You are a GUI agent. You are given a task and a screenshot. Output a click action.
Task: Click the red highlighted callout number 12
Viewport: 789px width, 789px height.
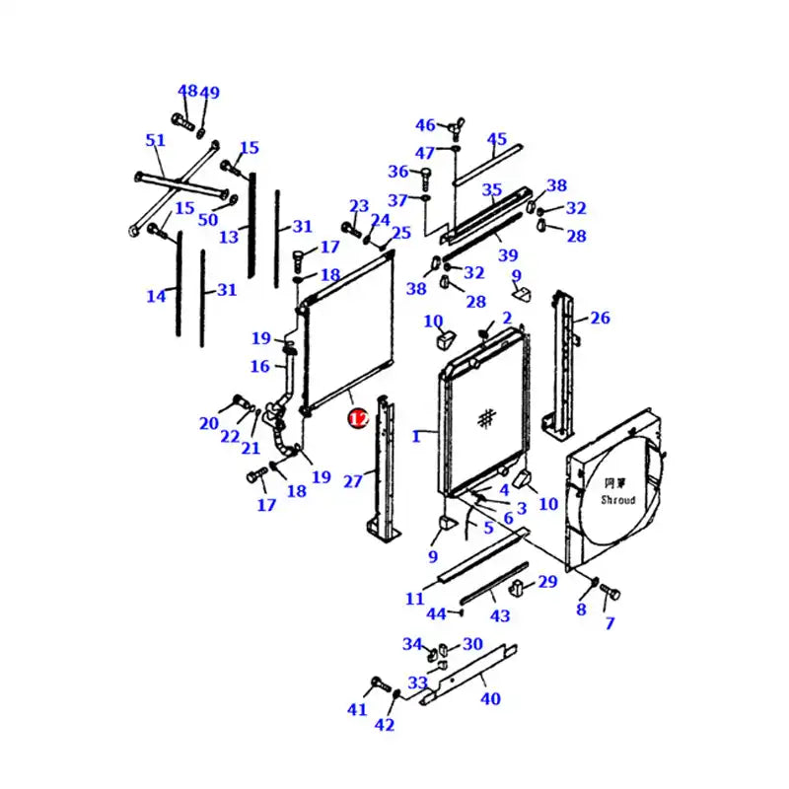tap(357, 419)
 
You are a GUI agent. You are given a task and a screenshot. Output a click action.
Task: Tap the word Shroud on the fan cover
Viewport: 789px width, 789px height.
tap(618, 500)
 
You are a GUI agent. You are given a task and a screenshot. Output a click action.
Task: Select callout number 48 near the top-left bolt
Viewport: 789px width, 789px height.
tap(186, 92)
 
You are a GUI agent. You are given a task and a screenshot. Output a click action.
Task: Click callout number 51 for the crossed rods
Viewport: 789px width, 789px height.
tap(155, 141)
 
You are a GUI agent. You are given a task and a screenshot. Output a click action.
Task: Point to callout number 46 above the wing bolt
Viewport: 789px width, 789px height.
tap(424, 125)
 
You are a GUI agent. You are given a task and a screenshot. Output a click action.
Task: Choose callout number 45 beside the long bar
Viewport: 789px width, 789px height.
tap(497, 139)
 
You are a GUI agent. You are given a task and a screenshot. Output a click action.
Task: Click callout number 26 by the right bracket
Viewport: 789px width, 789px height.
tap(601, 318)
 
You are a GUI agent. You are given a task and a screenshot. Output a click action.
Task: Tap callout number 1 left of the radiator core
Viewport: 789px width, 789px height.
tap(416, 435)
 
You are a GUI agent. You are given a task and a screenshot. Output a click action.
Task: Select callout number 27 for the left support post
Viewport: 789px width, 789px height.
tap(352, 481)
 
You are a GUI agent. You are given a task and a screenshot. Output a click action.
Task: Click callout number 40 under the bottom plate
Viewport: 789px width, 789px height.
tap(490, 698)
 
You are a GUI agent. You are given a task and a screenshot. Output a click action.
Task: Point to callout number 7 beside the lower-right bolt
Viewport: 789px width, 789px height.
tap(610, 623)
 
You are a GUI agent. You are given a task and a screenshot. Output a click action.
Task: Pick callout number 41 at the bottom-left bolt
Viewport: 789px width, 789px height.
tap(356, 709)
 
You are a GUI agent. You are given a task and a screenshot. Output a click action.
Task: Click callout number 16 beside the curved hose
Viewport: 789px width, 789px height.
tap(259, 367)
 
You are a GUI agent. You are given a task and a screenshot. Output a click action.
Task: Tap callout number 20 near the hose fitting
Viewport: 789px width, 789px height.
tap(207, 423)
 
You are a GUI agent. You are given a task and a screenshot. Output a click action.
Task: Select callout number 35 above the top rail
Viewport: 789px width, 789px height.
tap(491, 189)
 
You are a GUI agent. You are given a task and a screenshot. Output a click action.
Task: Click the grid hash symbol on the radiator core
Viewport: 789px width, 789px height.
tap(485, 418)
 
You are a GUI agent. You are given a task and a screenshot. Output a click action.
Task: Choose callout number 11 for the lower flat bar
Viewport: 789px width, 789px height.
tap(414, 598)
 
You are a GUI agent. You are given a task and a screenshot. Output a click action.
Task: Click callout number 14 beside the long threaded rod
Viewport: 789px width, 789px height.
tap(156, 295)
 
